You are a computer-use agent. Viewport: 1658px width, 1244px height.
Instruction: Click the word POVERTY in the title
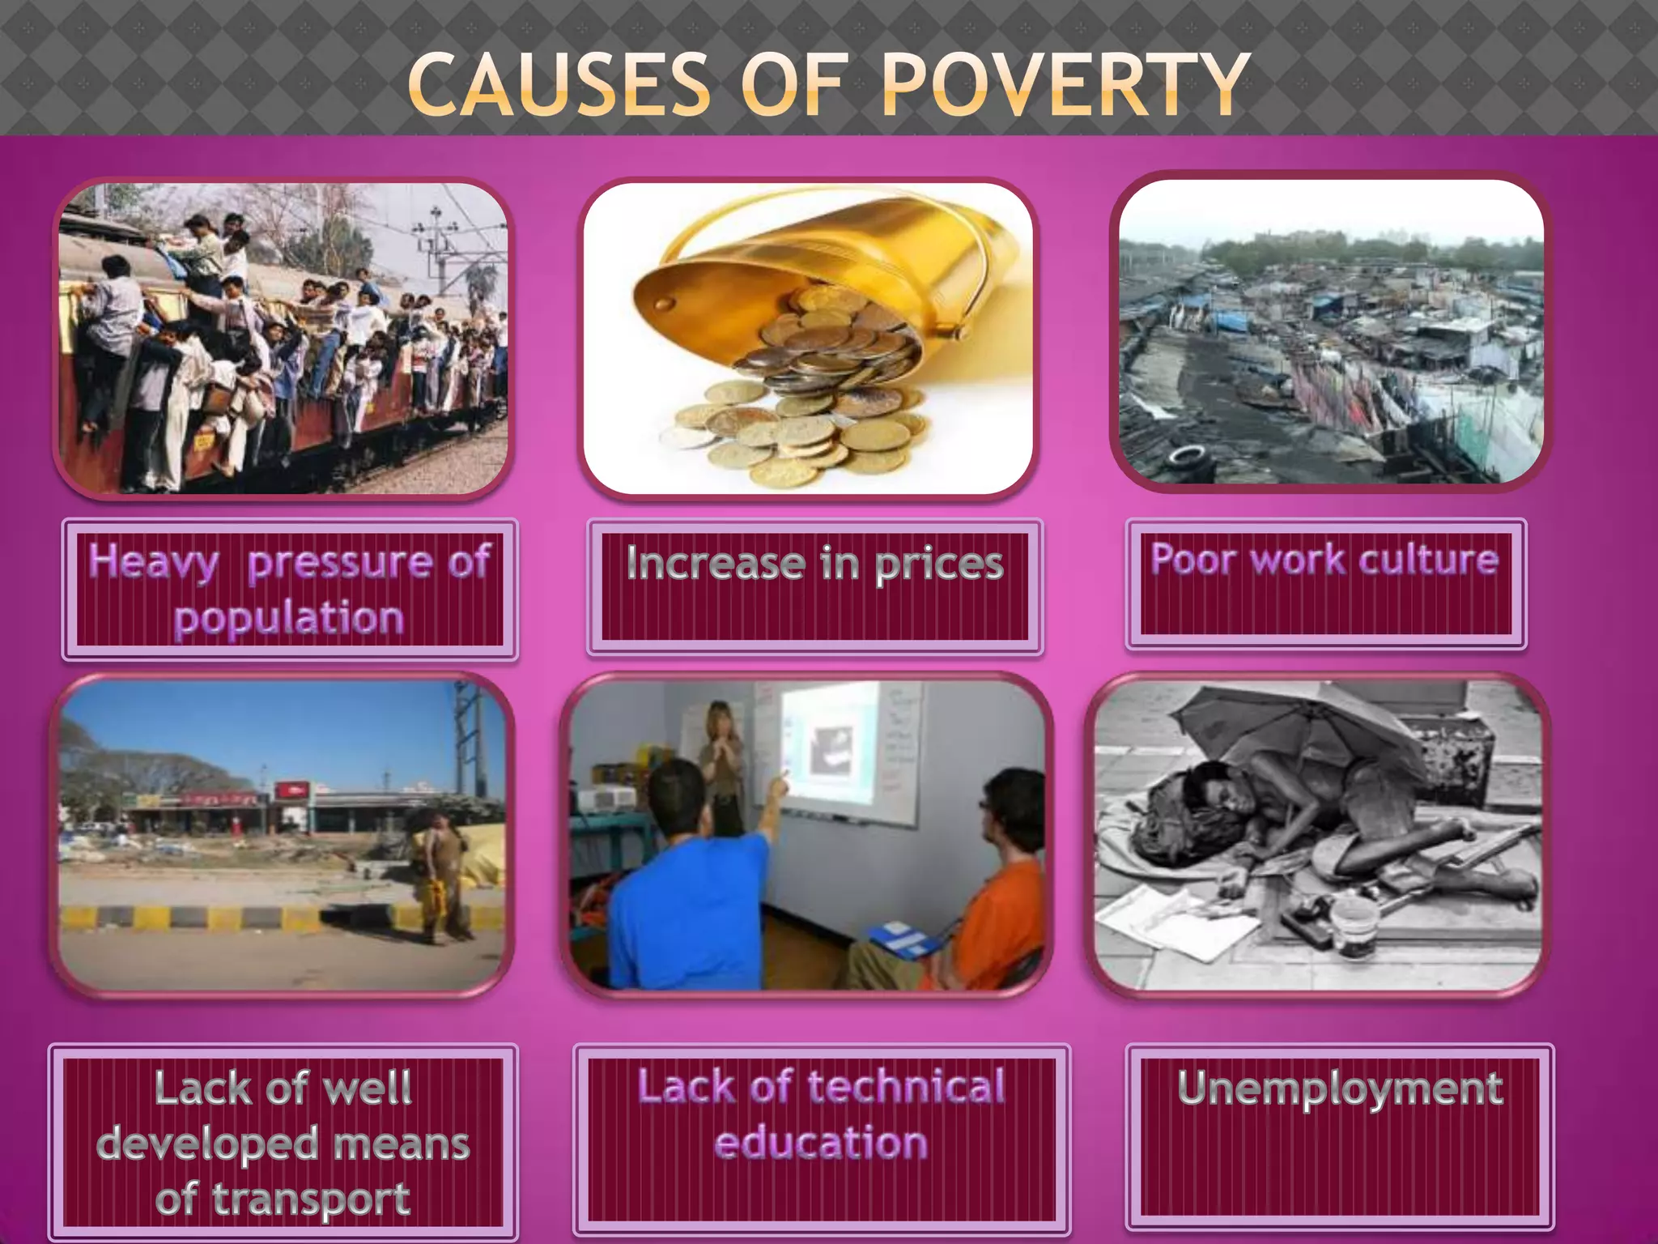click(x=1065, y=84)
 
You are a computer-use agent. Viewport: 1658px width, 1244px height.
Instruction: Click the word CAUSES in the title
click(x=559, y=84)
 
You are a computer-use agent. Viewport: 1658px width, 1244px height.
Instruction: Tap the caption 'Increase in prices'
click(x=814, y=564)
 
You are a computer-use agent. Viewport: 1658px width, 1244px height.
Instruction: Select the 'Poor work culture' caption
click(x=1324, y=559)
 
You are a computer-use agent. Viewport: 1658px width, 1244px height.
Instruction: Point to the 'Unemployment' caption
click(x=1340, y=1088)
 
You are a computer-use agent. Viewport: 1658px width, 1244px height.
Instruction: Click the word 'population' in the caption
click(x=289, y=619)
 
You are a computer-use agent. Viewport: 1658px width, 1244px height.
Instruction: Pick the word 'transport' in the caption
click(x=312, y=1199)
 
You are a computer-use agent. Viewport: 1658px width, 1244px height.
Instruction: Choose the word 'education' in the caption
click(x=821, y=1143)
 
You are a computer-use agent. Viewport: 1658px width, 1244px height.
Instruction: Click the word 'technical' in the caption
click(x=906, y=1087)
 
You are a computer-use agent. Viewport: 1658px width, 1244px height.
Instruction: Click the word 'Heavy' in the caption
click(x=154, y=561)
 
